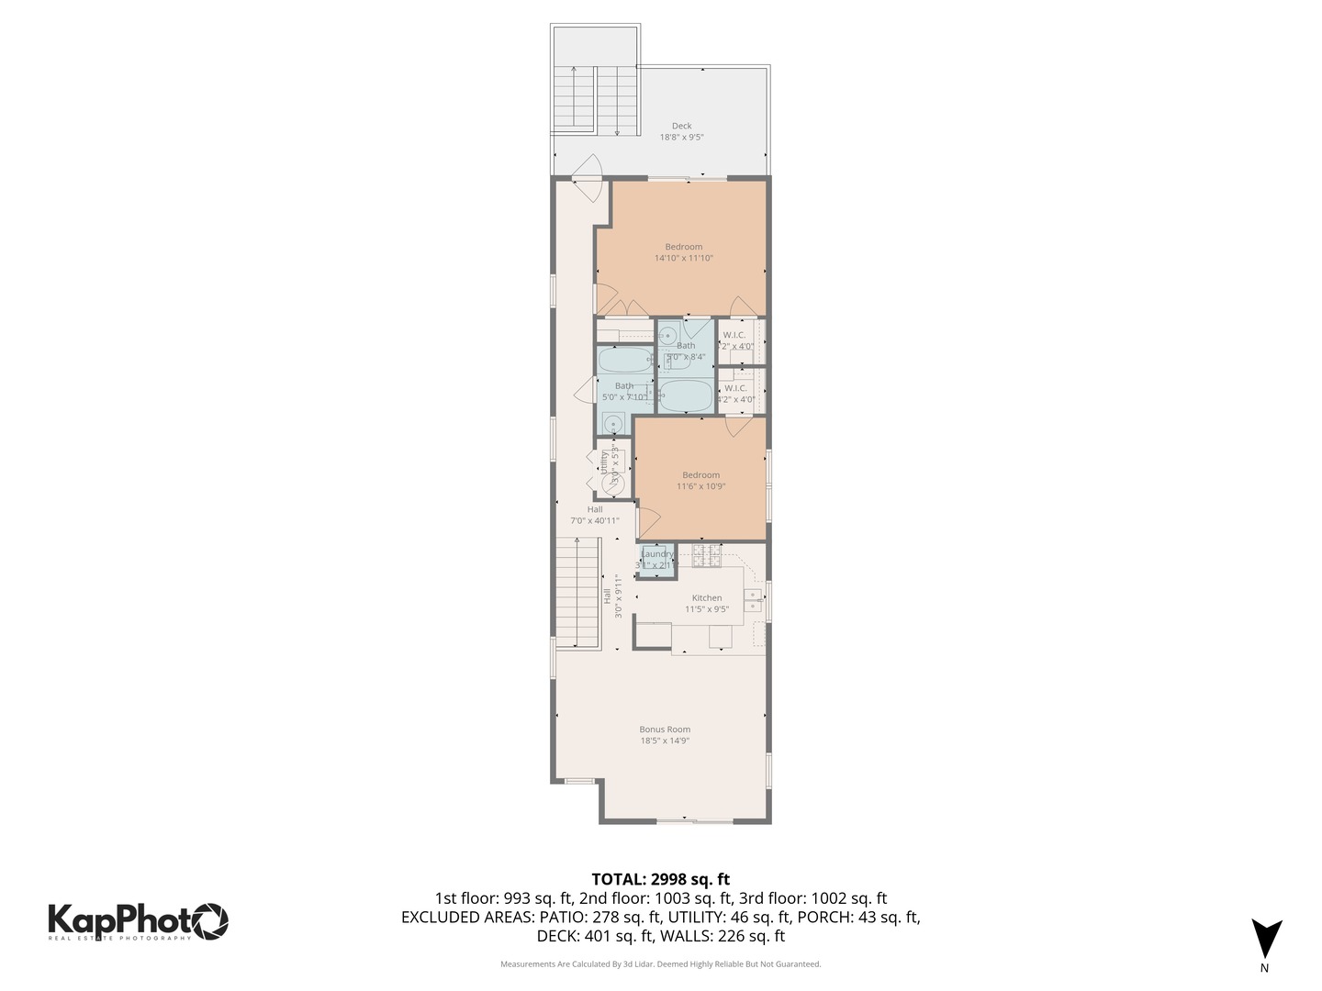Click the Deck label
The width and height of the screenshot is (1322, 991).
681,126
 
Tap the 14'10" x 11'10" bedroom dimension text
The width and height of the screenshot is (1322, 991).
683,259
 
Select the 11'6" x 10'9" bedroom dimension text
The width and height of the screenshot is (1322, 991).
700,486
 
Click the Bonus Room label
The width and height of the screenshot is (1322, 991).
665,729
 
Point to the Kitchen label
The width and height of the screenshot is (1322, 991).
706,597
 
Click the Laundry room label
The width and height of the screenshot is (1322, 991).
656,553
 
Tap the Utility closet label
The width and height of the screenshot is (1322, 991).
603,462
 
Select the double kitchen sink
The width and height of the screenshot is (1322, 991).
752,600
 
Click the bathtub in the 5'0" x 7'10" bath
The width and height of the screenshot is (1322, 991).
624,359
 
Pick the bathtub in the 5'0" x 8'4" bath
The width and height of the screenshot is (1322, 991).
685,396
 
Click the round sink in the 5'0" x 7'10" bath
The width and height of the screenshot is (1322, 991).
612,423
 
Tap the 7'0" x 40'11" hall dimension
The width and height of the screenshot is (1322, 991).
595,521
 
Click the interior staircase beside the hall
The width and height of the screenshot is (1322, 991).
577,592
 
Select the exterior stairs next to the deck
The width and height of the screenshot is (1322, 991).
594,99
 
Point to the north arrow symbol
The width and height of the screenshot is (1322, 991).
1266,940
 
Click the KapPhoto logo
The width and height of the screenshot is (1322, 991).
138,920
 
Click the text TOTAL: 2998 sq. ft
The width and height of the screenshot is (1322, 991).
660,879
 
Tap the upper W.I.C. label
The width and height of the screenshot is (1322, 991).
734,335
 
